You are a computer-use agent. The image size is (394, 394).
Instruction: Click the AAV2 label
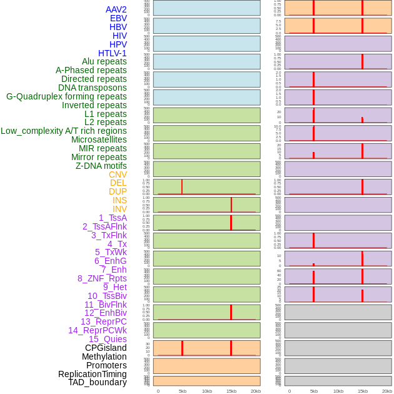tap(116, 9)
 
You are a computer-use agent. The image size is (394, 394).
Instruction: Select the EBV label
tap(118, 18)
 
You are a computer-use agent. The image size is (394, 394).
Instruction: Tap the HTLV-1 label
tap(112, 53)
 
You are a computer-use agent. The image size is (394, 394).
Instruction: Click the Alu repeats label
tap(104, 61)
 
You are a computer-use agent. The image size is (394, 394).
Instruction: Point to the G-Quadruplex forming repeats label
tap(66, 96)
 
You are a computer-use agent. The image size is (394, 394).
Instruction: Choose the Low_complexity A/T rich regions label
tap(64, 131)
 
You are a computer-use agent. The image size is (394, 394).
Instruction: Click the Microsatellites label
tap(99, 139)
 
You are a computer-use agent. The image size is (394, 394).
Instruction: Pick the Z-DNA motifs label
tap(101, 166)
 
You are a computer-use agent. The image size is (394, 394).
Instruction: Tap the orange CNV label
tap(118, 174)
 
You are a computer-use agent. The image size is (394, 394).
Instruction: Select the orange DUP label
tap(118, 191)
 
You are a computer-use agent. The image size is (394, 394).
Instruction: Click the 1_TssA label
tap(113, 218)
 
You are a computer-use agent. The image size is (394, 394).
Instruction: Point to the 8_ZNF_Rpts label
tap(102, 278)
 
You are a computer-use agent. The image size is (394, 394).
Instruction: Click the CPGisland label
tap(106, 348)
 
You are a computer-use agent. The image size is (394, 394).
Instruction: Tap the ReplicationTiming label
tap(92, 374)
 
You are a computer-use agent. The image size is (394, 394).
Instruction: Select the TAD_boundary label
tap(98, 382)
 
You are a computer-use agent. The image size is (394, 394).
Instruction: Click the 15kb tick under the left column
tap(231, 391)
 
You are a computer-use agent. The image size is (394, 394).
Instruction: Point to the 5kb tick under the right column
tap(314, 391)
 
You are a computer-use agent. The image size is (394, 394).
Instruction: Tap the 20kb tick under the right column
tap(386, 391)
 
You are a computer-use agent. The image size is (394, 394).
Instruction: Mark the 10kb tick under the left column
tap(207, 391)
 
